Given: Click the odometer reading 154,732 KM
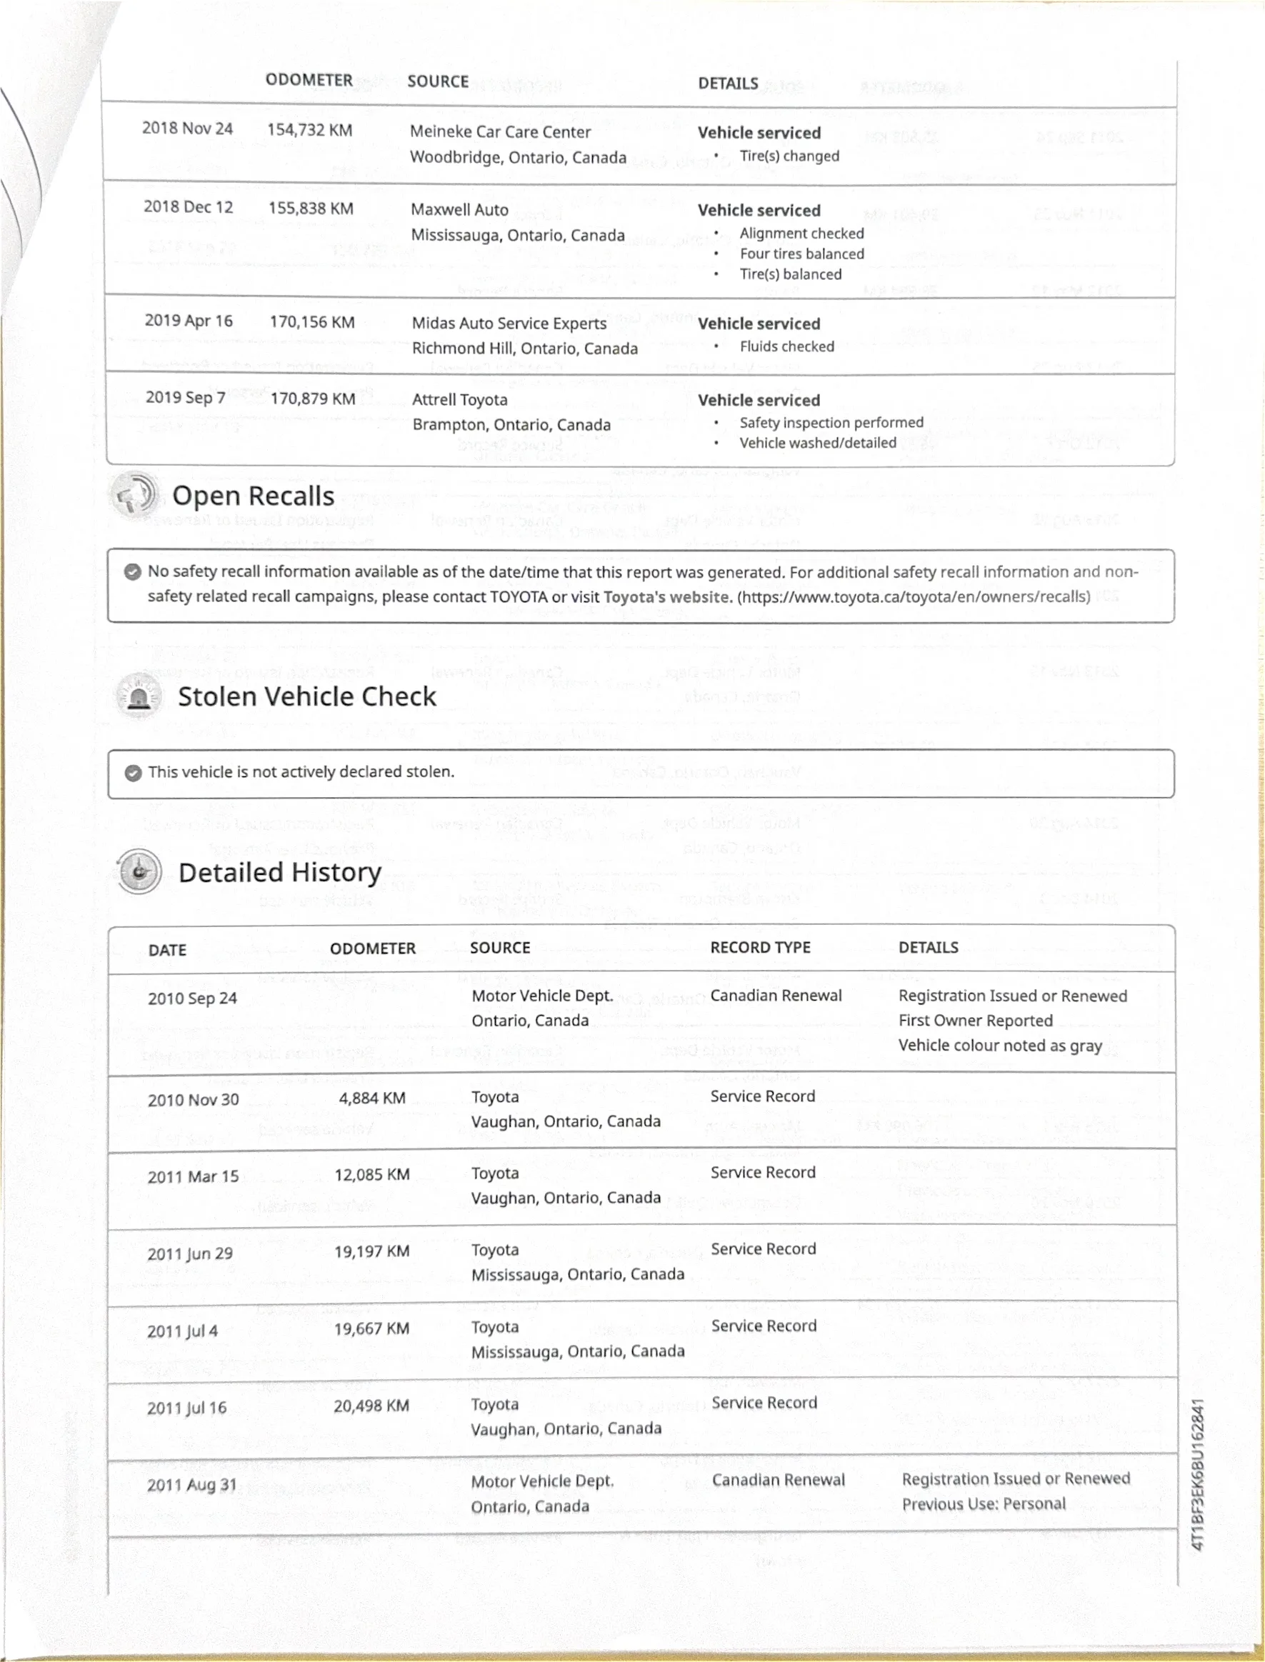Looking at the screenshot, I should coord(309,130).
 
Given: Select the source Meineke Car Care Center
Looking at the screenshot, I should coord(500,131).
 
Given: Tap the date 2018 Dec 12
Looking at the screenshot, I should coord(189,207).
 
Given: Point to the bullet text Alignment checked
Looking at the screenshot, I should coord(801,234).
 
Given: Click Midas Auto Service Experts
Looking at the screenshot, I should coord(509,323).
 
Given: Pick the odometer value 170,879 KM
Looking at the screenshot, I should coord(312,399).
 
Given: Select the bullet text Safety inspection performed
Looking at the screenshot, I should coord(831,422).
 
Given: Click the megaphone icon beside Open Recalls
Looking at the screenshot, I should coord(134,494).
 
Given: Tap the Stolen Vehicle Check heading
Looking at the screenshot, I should coord(306,696).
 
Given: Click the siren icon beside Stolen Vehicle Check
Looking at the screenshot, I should coord(139,696).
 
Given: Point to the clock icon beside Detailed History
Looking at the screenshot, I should coord(139,871).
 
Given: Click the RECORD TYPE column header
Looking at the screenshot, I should coord(760,948).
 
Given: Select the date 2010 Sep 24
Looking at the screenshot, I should coord(192,999).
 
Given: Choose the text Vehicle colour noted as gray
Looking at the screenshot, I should coord(999,1046).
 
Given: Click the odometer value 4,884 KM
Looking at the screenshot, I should coord(372,1098).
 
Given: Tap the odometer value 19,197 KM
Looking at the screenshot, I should coord(372,1252).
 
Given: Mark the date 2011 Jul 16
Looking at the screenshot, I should coord(186,1408).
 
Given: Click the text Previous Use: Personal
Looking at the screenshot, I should coord(984,1504).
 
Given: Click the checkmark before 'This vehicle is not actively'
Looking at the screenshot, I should coord(133,773).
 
